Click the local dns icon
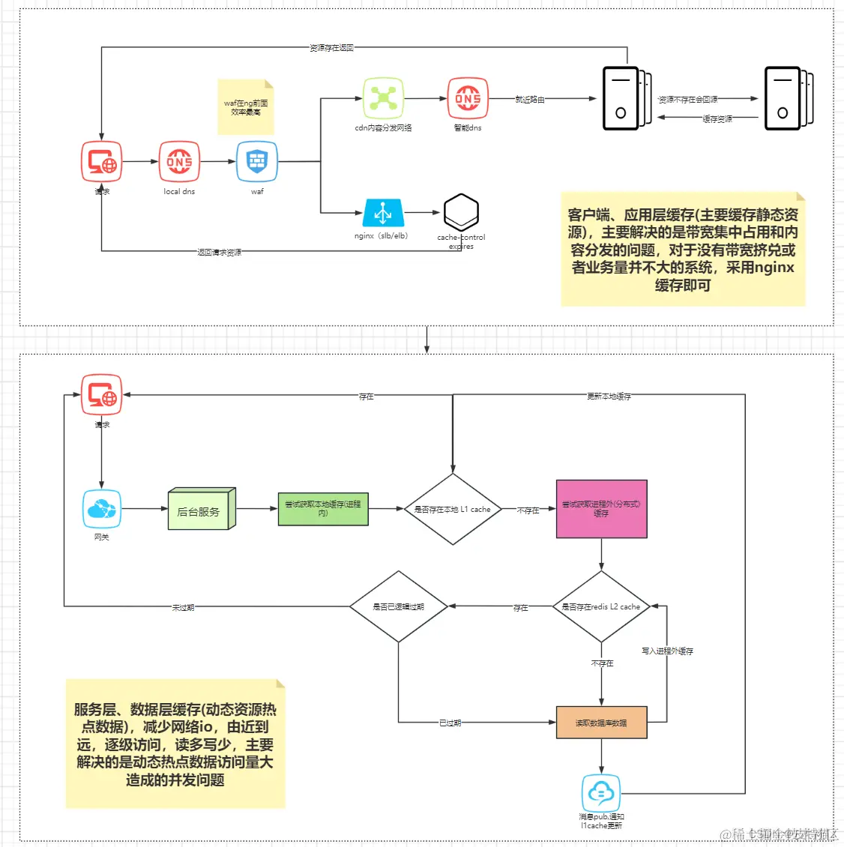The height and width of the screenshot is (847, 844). click(x=179, y=162)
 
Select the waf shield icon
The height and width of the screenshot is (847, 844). click(x=257, y=161)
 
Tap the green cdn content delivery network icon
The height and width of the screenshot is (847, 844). click(x=383, y=98)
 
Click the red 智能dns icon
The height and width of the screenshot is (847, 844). click(x=468, y=98)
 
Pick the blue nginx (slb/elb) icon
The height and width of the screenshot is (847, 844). click(x=383, y=213)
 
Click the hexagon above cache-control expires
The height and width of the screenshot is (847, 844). click(x=461, y=213)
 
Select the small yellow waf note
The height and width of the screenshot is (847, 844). click(x=246, y=107)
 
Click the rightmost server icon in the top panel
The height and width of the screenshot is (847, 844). click(x=787, y=98)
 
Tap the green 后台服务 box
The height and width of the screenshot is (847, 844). click(x=202, y=509)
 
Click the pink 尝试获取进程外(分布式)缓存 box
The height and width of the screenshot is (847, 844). click(x=601, y=509)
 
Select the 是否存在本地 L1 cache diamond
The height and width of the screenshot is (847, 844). click(x=453, y=509)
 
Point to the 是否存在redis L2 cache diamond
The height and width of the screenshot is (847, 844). click(x=601, y=606)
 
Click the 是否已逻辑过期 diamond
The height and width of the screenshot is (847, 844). click(x=398, y=606)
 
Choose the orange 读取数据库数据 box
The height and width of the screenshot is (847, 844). click(x=601, y=723)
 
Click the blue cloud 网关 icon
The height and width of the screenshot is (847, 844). click(x=102, y=509)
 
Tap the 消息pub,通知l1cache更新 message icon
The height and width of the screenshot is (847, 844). click(x=601, y=792)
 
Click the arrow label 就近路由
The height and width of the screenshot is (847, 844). click(x=530, y=99)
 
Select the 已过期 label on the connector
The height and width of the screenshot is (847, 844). click(x=450, y=723)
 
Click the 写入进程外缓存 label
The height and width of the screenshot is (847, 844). click(x=667, y=651)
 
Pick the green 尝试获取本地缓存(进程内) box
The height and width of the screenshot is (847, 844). click(x=323, y=509)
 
